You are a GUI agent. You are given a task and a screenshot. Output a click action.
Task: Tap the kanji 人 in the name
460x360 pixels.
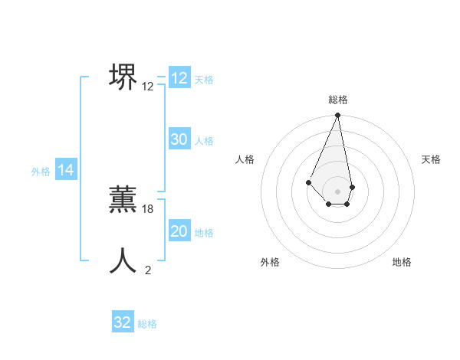(123, 260)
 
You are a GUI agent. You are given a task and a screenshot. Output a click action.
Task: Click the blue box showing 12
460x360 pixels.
(179, 78)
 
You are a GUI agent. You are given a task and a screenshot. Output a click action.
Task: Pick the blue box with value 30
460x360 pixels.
(179, 139)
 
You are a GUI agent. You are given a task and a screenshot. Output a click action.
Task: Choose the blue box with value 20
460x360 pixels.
(179, 231)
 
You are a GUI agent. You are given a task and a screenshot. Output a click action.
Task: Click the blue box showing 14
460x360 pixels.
(66, 170)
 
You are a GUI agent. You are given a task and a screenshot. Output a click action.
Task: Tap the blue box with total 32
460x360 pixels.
(123, 322)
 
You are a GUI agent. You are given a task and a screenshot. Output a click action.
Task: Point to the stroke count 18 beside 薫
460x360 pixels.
(148, 209)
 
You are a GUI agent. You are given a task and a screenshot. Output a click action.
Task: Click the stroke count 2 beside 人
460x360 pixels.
(148, 270)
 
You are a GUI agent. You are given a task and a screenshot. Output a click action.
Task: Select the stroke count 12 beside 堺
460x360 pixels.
(148, 87)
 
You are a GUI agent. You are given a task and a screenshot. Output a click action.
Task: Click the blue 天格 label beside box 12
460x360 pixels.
(204, 79)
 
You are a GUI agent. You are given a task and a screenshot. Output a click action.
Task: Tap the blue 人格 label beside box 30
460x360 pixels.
(204, 141)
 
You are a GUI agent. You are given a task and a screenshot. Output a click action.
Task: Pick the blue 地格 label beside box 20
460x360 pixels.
(204, 233)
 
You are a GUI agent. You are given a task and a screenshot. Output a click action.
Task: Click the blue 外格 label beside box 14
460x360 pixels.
(41, 172)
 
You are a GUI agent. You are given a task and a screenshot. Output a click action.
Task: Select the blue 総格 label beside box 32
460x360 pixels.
(147, 324)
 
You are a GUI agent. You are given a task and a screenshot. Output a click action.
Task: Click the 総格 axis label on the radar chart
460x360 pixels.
(338, 100)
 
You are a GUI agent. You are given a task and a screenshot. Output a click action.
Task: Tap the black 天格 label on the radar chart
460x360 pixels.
(431, 159)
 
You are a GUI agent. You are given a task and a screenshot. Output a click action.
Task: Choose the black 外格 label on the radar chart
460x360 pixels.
(270, 262)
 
